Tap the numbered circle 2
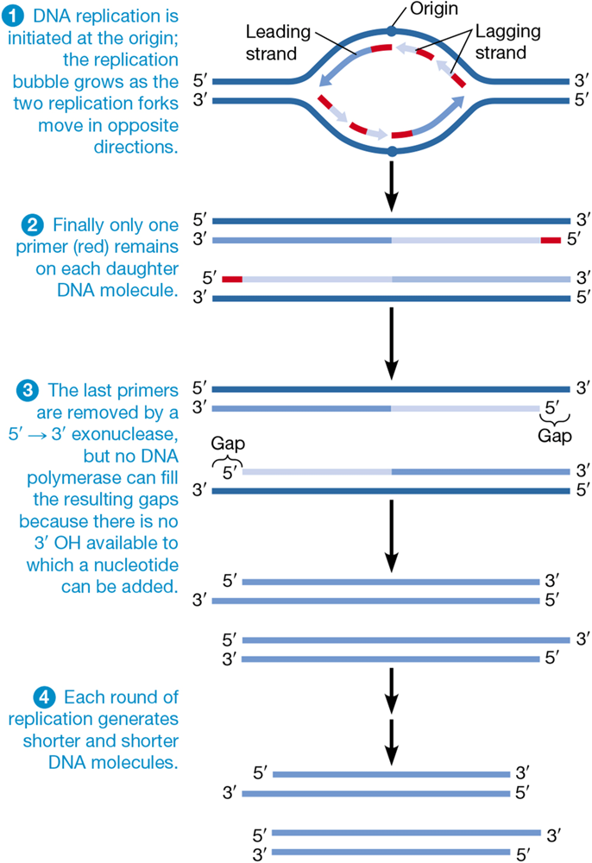(x=29, y=225)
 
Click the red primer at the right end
(x=550, y=240)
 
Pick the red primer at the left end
(x=231, y=279)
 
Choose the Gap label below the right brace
(x=554, y=436)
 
